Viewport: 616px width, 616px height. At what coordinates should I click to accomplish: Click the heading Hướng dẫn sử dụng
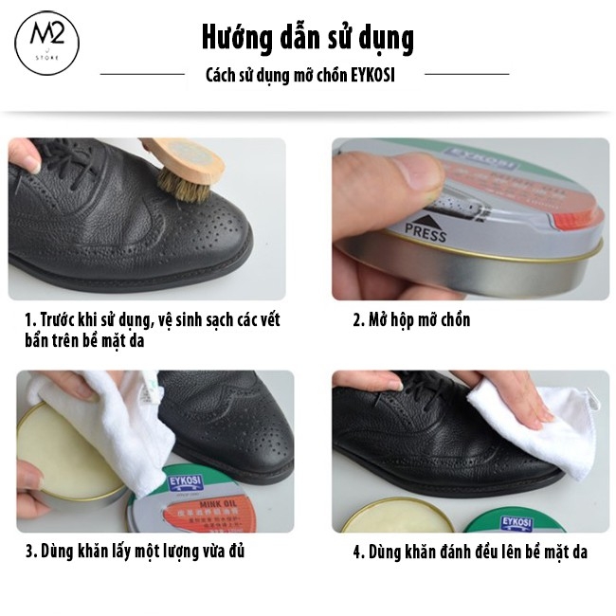(307, 38)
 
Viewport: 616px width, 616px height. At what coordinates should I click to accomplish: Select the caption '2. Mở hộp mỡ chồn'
(411, 319)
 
